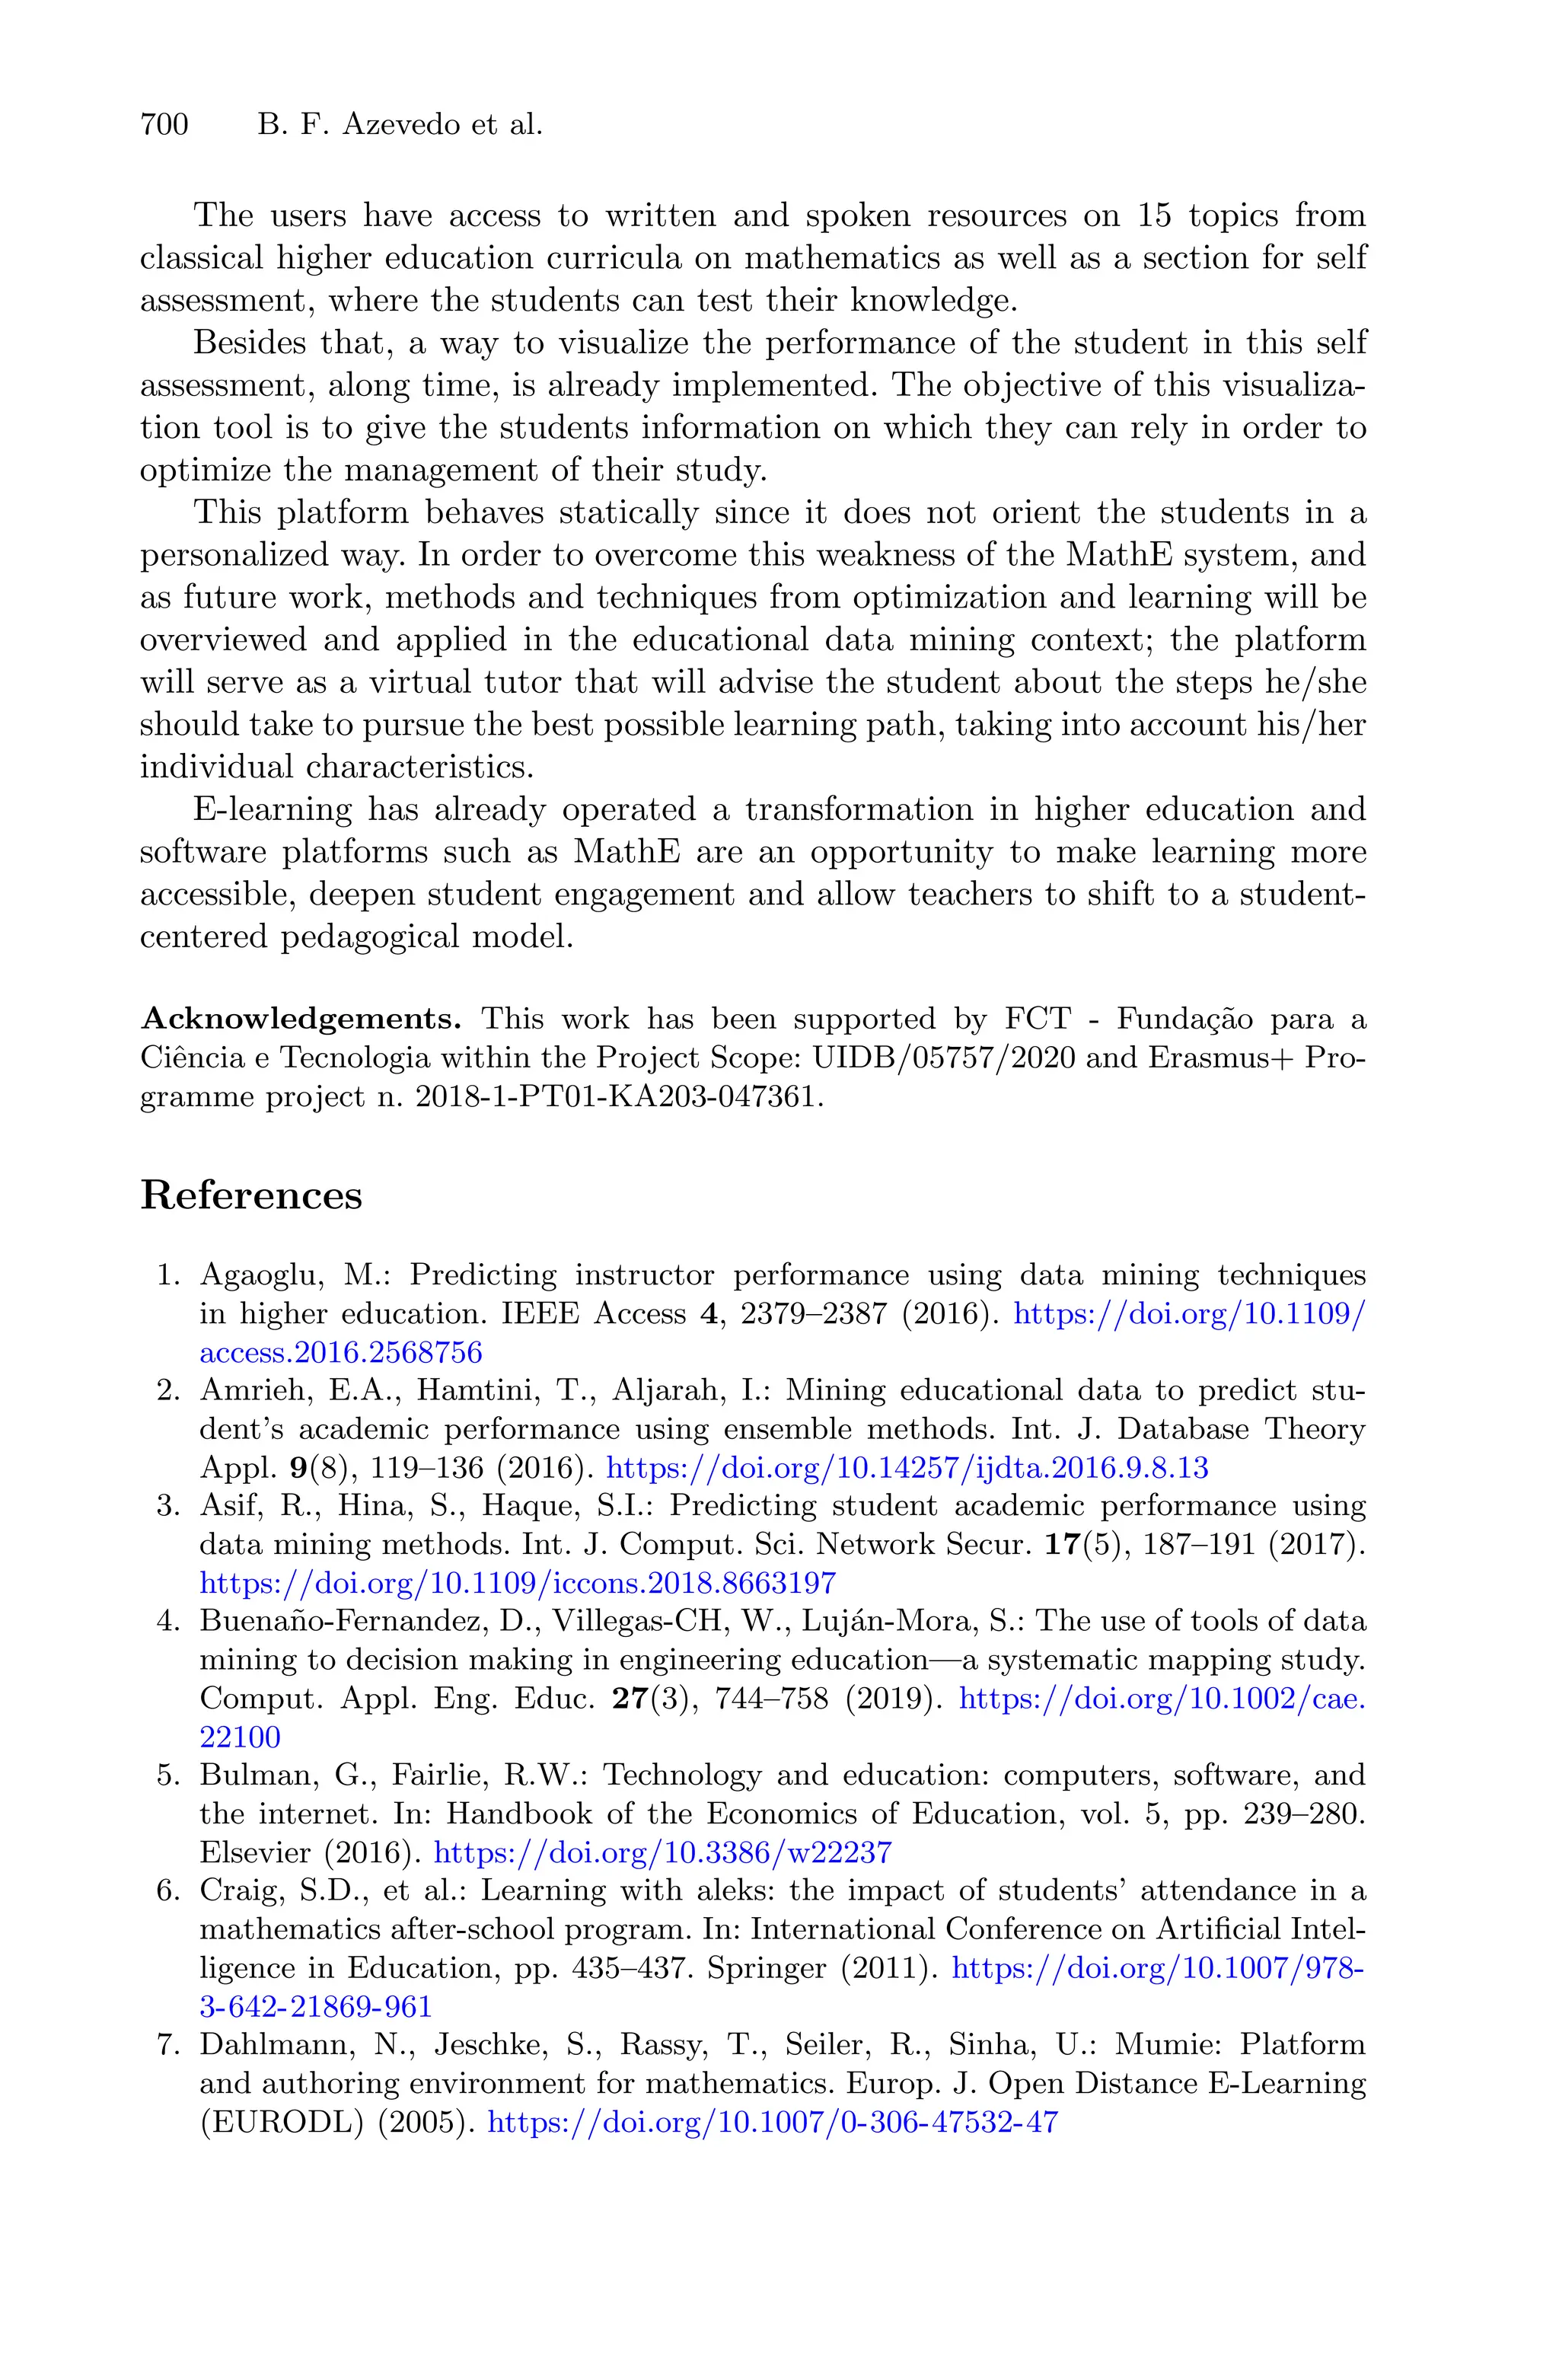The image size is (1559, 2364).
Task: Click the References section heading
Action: click(x=250, y=1195)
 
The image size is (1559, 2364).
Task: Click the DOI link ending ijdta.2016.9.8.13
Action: click(x=907, y=1467)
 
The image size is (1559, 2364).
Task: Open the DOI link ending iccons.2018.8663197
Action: click(x=518, y=1583)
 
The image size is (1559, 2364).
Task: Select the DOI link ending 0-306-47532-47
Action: click(x=773, y=2123)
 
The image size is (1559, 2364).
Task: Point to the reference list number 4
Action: click(x=166, y=1622)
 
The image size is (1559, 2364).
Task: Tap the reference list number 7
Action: click(x=166, y=2045)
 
